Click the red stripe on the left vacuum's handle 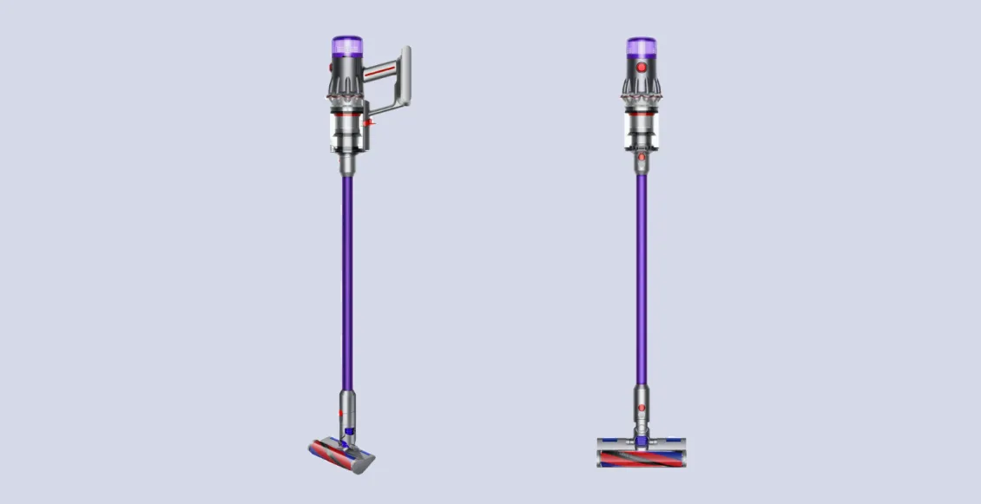coord(381,75)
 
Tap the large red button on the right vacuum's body coord(642,67)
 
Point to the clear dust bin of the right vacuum coord(641,130)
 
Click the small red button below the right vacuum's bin coord(642,157)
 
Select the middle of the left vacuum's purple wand coord(346,278)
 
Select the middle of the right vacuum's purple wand coord(641,278)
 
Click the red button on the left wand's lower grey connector coord(341,414)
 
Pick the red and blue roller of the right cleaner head coord(641,456)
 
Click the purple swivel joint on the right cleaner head coord(642,442)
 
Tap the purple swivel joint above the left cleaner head coord(349,431)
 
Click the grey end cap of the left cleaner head coord(367,462)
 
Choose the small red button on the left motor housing coord(331,66)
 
